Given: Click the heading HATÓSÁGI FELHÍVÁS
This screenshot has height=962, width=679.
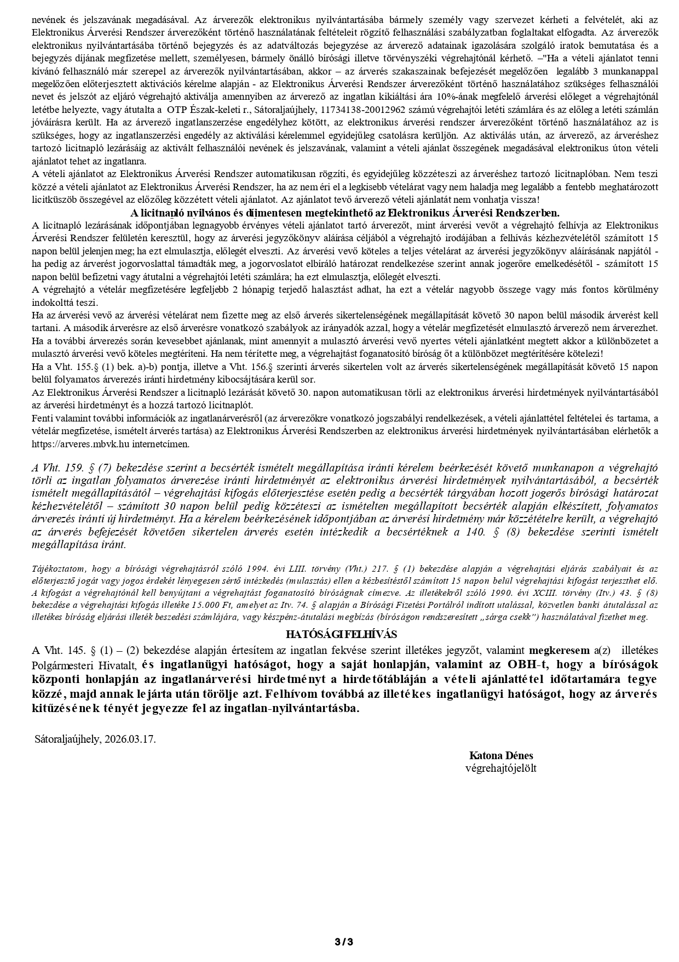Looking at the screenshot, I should tap(341, 634).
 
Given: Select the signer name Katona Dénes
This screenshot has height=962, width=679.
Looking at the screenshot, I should tap(500, 755).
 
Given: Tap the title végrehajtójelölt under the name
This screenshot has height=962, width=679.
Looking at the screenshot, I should tap(500, 768).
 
